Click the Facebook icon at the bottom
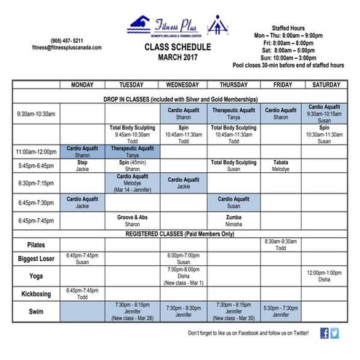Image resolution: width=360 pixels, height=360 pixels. coord(324,332)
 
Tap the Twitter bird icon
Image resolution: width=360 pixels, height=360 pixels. coord(335,332)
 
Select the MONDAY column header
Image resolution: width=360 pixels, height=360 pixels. coord(82,85)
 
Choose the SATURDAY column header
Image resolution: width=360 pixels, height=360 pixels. coord(325,85)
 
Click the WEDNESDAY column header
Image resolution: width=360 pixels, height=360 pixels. coord(183,85)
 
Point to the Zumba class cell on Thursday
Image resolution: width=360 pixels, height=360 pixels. coord(233,220)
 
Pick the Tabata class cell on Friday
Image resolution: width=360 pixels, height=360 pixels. coord(280,165)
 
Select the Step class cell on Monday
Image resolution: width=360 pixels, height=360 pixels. coord(82,165)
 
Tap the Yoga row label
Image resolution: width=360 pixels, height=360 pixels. coord(36,276)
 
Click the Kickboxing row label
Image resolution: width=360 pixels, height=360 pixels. coord(36,294)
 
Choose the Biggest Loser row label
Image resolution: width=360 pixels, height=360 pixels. coord(36,259)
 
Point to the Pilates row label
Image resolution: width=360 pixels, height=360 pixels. coord(36,244)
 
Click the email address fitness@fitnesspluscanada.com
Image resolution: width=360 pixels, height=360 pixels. coord(56,47)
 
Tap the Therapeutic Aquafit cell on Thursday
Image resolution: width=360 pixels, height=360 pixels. coord(233,113)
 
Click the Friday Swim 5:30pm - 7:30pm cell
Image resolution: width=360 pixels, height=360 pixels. coord(280,311)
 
